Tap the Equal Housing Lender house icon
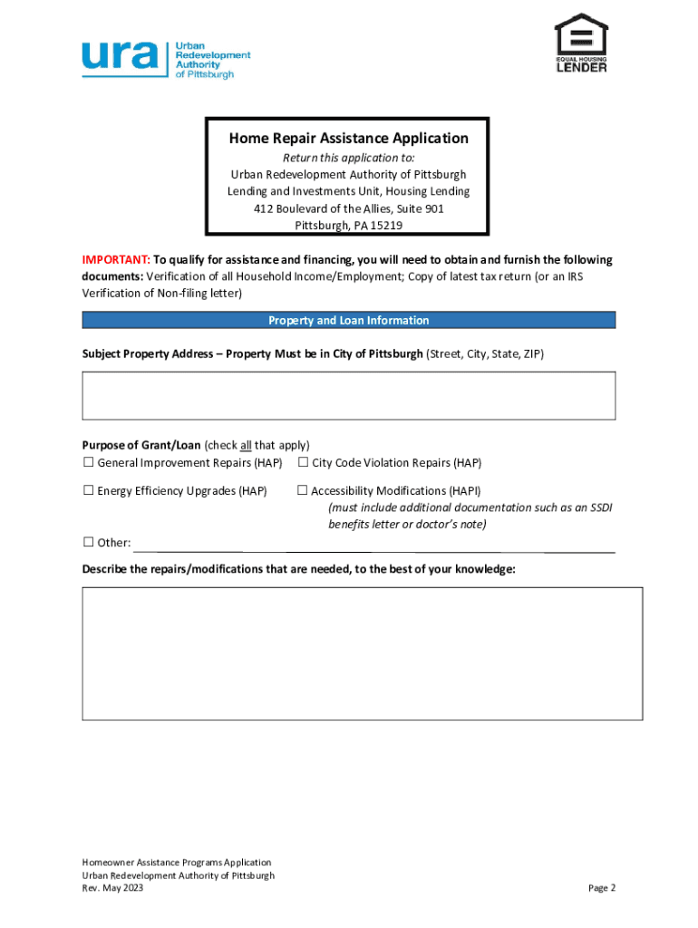pos(581,36)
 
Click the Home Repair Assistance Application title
pos(348,139)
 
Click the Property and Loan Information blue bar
pos(348,321)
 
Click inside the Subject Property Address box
pos(348,395)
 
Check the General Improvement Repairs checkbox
pos(89,463)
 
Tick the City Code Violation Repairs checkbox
pos(303,463)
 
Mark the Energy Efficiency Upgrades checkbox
pos(89,490)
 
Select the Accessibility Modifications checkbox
pos(303,490)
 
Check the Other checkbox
pos(89,542)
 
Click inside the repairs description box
pos(362,653)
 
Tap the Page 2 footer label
pos(601,888)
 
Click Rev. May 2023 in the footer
pos(112,888)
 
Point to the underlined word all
pos(246,446)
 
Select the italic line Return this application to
pos(348,158)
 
